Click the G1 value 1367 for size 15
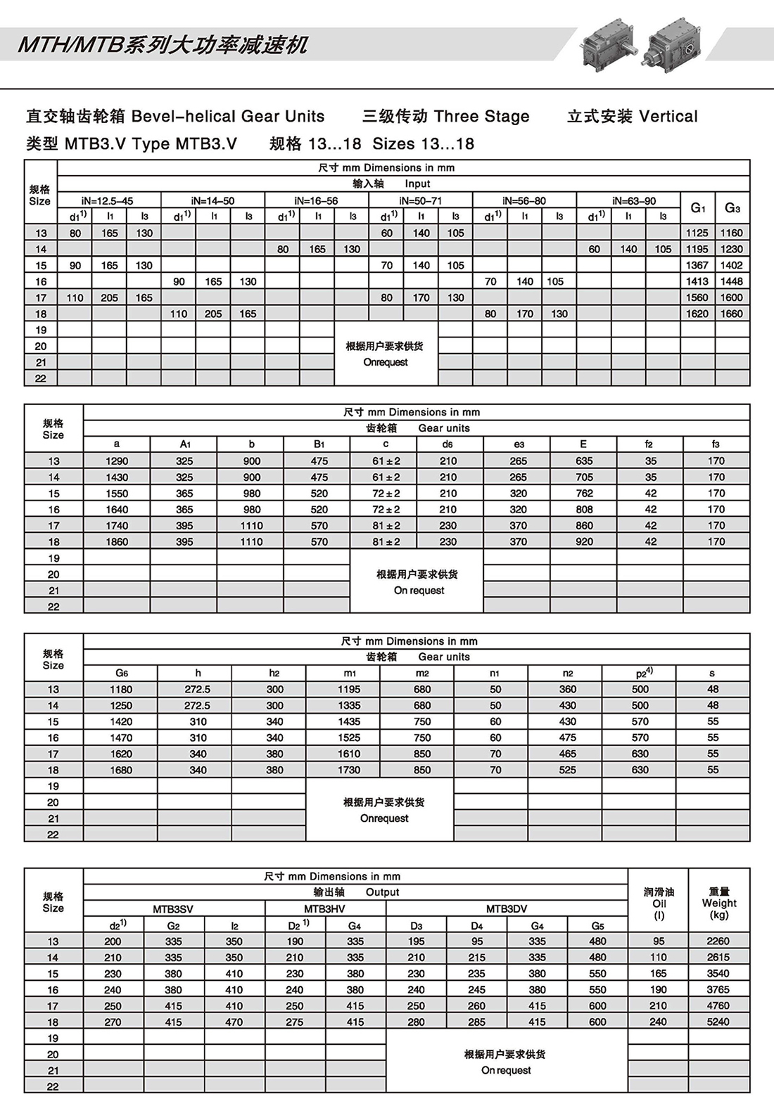point(697,265)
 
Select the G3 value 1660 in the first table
point(731,314)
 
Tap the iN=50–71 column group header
point(421,200)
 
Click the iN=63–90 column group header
point(628,200)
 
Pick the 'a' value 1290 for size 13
point(117,461)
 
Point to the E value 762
point(584,493)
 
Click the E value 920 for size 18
point(584,541)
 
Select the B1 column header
point(319,444)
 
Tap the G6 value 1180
point(121,689)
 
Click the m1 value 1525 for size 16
point(349,738)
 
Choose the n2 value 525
point(567,770)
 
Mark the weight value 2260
point(718,941)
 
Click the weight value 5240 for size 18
point(718,1022)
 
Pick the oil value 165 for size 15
point(658,973)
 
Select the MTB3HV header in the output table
point(324,908)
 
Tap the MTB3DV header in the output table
point(507,908)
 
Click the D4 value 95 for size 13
point(477,941)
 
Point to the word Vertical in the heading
point(668,116)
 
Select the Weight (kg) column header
point(718,903)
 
